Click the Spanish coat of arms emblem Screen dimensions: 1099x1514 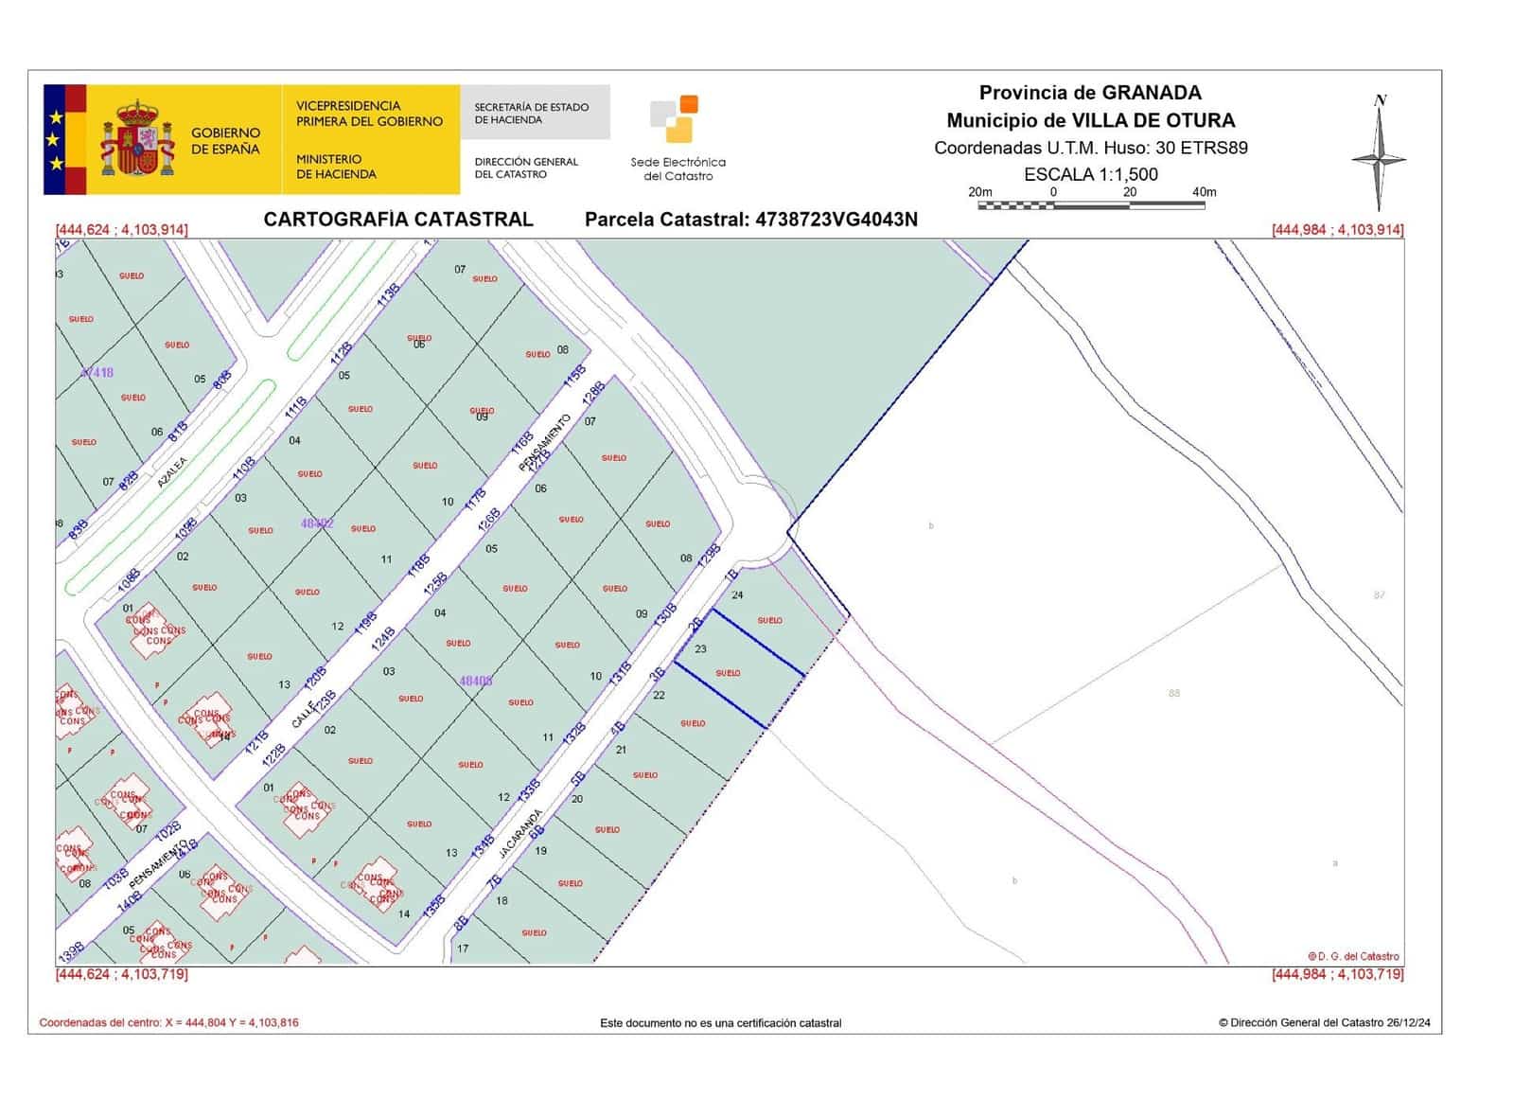(x=138, y=139)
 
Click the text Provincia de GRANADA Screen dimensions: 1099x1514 (x=1090, y=93)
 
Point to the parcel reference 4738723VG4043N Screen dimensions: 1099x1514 (x=836, y=220)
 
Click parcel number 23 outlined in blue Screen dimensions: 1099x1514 (x=700, y=649)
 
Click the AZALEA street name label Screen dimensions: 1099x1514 (x=172, y=470)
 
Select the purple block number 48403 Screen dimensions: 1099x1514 (x=475, y=681)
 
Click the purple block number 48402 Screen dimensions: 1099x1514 (x=317, y=523)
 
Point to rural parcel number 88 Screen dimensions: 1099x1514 (x=1173, y=693)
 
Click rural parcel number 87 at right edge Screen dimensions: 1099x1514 (x=1379, y=594)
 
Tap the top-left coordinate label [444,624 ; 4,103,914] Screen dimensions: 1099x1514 (x=121, y=230)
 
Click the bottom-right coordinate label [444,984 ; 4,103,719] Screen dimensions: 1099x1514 (x=1337, y=974)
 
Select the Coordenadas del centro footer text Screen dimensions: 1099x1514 (x=168, y=1022)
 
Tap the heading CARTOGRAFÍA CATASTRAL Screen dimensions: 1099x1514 (x=397, y=220)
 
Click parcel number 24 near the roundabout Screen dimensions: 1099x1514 (x=737, y=595)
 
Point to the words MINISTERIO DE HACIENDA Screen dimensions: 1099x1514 (x=336, y=167)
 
